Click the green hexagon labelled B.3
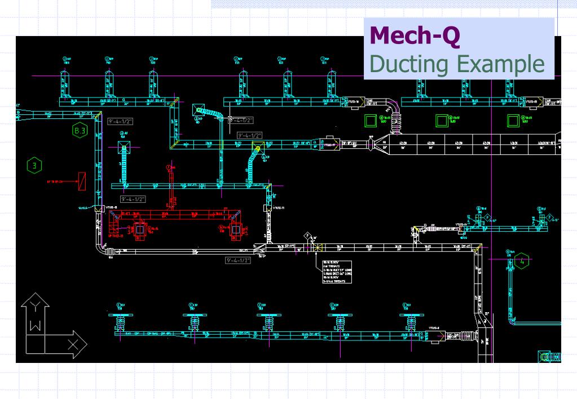pos(80,131)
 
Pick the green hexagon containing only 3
pos(34,166)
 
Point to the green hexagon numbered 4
pos(522,261)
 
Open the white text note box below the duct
pos(337,272)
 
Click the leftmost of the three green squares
pos(371,120)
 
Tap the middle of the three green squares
pos(442,120)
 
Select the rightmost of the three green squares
pos(513,120)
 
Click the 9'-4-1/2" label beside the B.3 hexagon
pos(120,121)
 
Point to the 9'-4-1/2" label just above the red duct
pos(133,199)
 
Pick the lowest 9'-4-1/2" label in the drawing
pos(238,260)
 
